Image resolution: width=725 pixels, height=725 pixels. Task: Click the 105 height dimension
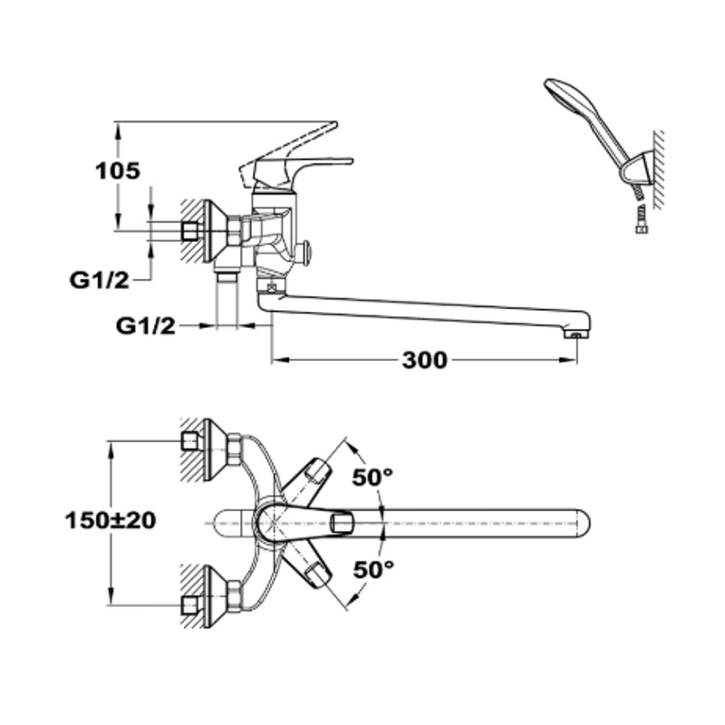(x=118, y=170)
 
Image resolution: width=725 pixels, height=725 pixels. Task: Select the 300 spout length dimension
(x=424, y=360)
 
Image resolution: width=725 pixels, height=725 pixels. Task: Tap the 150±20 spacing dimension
(x=111, y=520)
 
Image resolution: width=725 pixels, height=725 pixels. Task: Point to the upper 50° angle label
(x=372, y=477)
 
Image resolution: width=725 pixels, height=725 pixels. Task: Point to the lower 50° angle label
(x=373, y=569)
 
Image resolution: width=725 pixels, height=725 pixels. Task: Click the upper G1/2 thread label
(x=99, y=280)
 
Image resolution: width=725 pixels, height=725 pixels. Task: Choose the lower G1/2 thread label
(x=146, y=326)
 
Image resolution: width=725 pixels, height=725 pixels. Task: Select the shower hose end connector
(x=641, y=221)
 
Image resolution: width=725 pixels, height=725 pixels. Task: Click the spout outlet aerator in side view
(x=575, y=333)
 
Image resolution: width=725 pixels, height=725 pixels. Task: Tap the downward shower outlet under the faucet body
(x=227, y=275)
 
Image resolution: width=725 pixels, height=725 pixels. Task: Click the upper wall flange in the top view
(x=216, y=449)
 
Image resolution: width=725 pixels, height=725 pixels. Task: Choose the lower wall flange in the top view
(x=216, y=596)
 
